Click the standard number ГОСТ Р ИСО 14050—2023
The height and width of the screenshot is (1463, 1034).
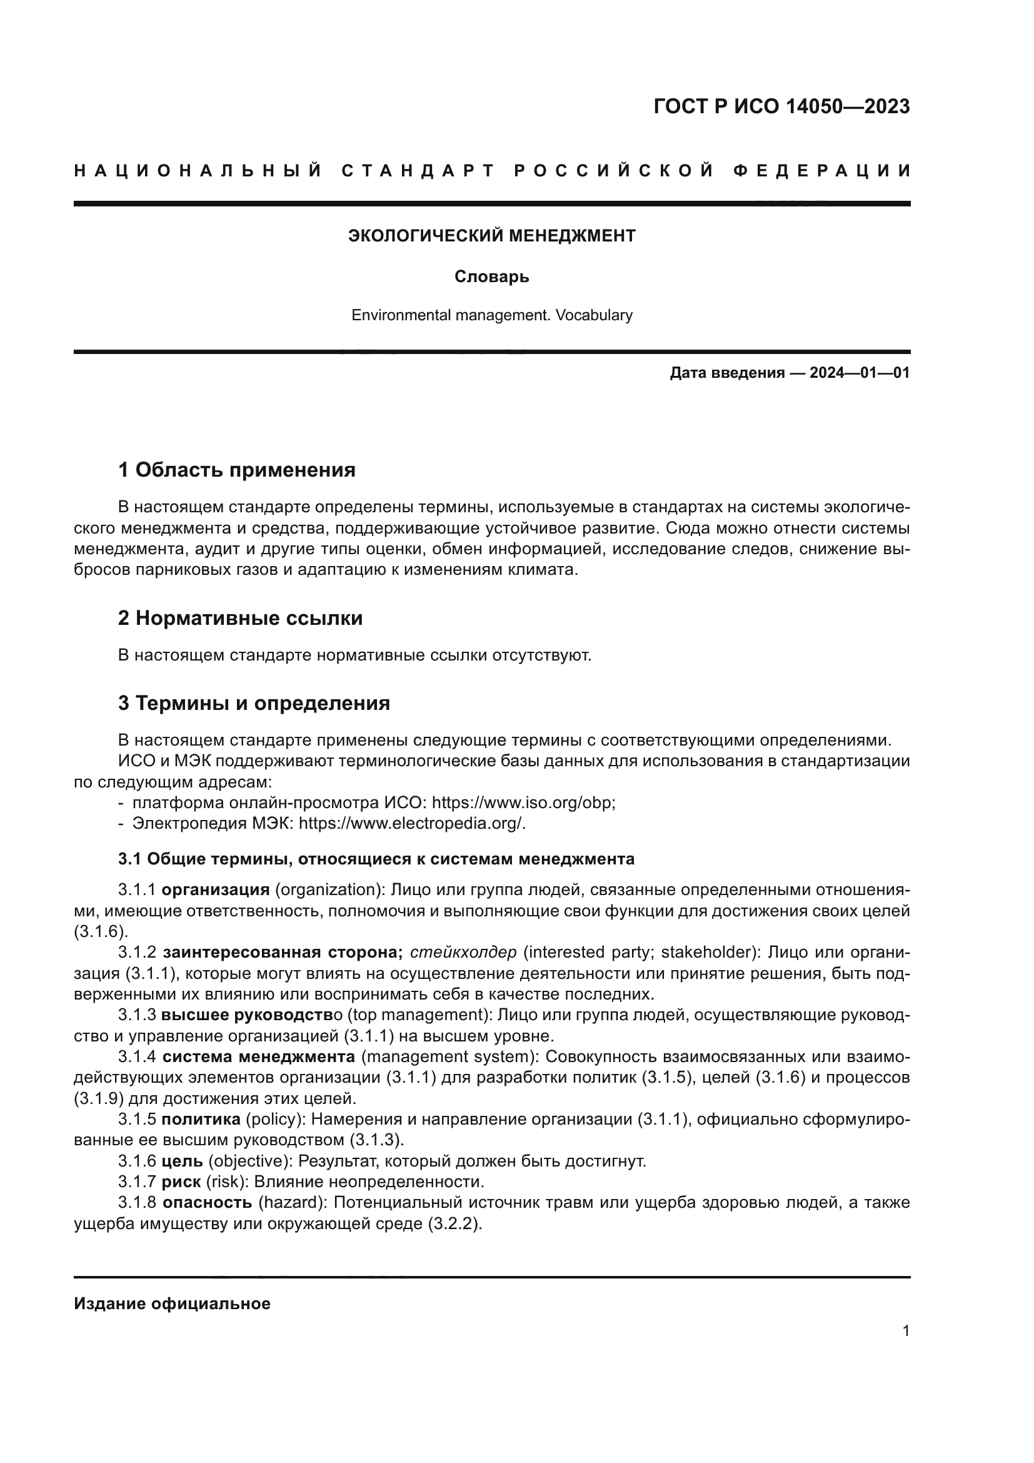coord(781,106)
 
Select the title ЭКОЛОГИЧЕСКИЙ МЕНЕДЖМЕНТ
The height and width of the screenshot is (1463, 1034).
coord(491,236)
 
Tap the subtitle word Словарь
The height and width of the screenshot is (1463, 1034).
coord(491,277)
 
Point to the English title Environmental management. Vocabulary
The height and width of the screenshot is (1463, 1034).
coord(491,315)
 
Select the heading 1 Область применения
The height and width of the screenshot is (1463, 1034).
coord(236,470)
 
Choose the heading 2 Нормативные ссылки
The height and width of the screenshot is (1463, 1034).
coord(240,618)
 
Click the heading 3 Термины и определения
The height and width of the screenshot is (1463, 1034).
coord(253,704)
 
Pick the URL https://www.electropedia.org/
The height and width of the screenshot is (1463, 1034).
coord(412,824)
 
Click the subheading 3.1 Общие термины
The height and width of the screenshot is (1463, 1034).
coord(376,859)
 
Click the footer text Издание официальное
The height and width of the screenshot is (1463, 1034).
coord(172,1304)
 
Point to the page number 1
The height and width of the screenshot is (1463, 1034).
coord(905,1331)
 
